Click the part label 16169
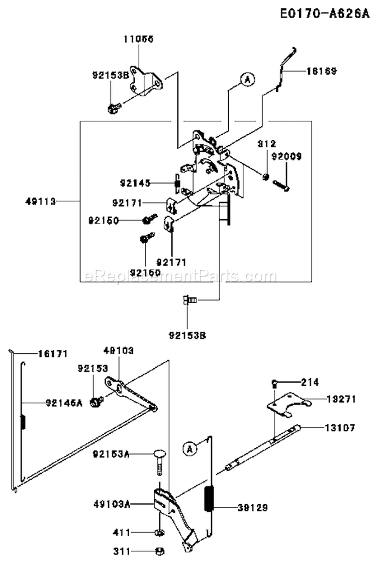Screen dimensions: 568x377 [321, 71]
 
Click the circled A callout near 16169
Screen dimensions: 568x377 [246, 78]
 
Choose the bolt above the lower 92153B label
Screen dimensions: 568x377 [189, 301]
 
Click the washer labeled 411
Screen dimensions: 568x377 [158, 532]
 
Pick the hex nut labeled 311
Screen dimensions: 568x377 [158, 551]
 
